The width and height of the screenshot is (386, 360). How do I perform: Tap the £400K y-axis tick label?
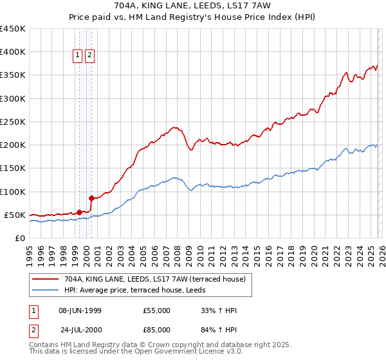(x=12, y=52)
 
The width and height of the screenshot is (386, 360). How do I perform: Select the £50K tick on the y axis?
(x=14, y=215)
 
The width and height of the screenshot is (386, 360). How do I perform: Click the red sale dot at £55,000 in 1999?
(x=79, y=212)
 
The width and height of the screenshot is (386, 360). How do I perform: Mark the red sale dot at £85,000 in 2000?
(x=91, y=198)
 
